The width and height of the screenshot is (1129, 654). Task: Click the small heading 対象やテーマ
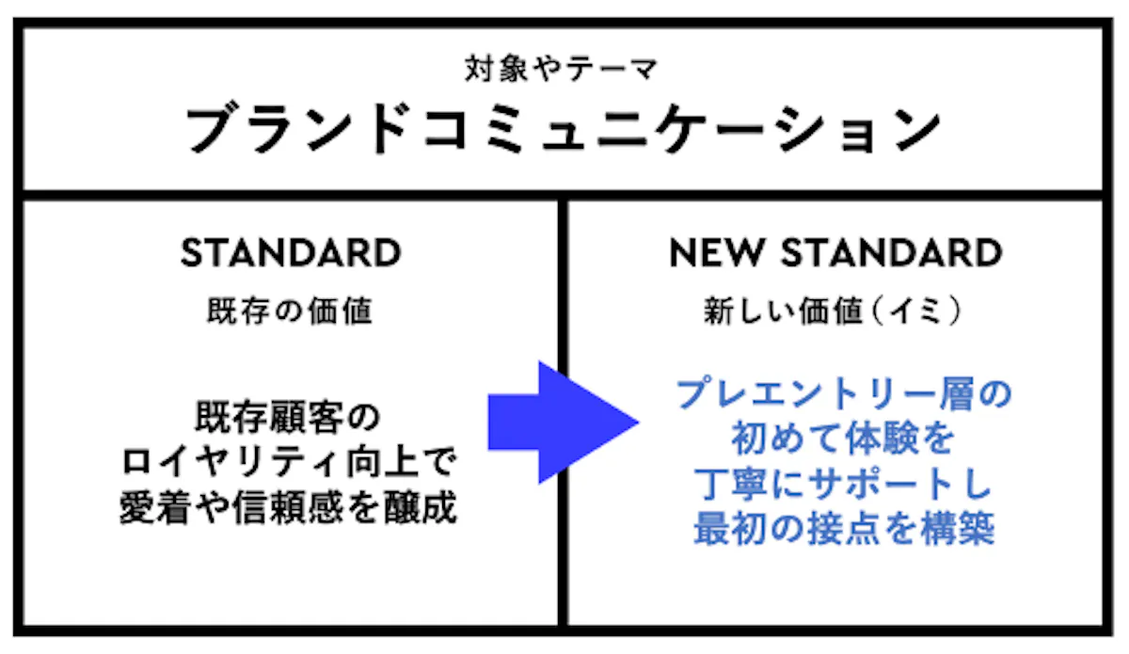point(561,69)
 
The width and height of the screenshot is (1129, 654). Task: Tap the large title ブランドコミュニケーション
point(563,129)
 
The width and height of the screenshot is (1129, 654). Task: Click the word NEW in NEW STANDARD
point(716,252)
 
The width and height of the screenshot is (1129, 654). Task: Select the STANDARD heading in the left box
point(291,252)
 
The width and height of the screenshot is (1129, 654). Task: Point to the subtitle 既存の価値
point(290,311)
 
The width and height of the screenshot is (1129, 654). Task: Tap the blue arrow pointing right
point(564,423)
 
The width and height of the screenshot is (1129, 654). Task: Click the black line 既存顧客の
point(288,417)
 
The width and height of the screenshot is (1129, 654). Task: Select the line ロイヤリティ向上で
point(290,461)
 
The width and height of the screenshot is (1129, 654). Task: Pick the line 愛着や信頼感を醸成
point(288,507)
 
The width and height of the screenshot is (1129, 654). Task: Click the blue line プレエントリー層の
point(844,394)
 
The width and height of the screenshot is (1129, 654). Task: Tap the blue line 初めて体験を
point(843,439)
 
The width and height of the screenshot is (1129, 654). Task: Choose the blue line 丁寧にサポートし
point(843,484)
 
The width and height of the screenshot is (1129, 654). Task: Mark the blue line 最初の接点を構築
point(844,529)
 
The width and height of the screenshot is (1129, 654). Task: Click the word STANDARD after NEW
point(891,252)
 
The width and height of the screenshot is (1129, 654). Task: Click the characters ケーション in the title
point(799,129)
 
